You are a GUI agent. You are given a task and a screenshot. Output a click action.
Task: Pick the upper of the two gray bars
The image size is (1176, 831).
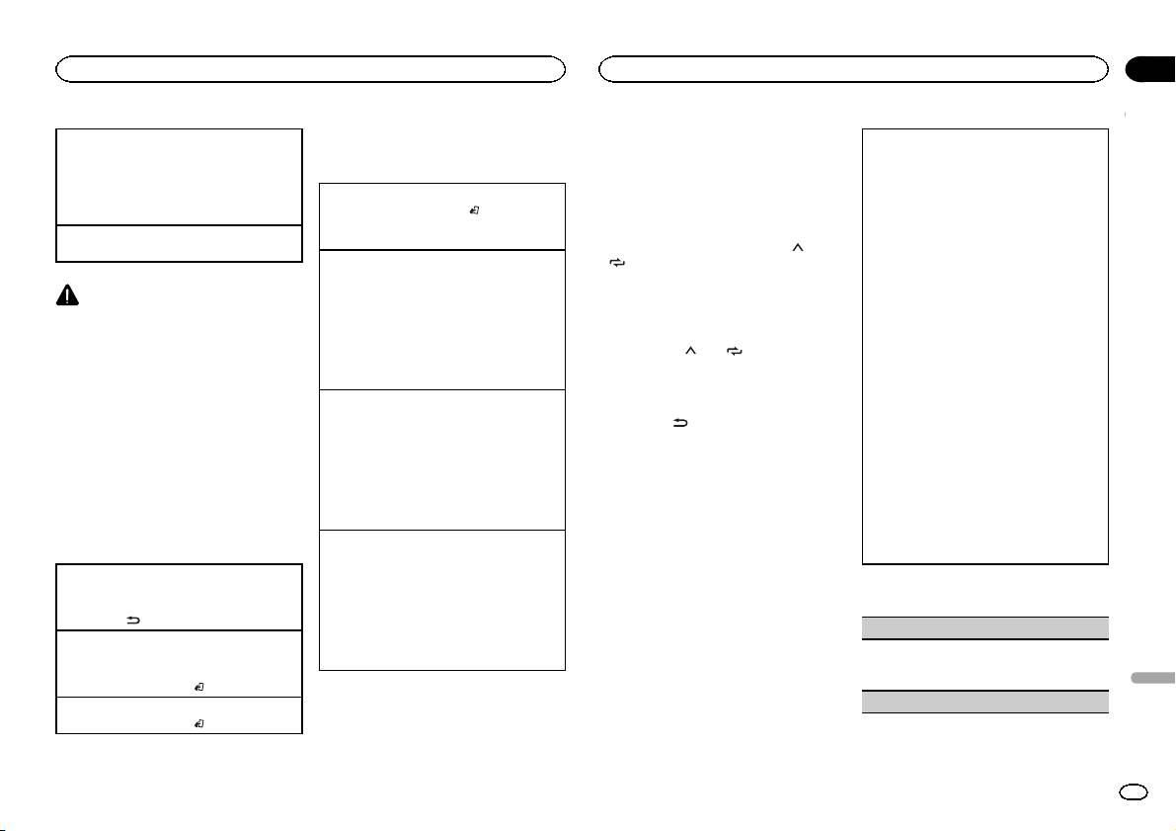(984, 625)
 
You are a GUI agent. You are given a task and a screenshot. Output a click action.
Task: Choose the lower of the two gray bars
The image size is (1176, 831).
(984, 701)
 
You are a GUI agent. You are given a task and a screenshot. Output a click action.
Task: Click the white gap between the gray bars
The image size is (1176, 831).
(984, 664)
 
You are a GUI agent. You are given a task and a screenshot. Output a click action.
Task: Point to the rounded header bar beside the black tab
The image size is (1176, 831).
(855, 68)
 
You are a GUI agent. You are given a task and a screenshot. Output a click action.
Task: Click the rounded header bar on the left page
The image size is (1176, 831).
(310, 68)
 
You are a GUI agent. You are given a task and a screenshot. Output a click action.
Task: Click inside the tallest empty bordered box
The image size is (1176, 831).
(984, 346)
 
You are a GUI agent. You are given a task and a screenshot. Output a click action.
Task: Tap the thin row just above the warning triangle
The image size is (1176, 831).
(178, 243)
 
